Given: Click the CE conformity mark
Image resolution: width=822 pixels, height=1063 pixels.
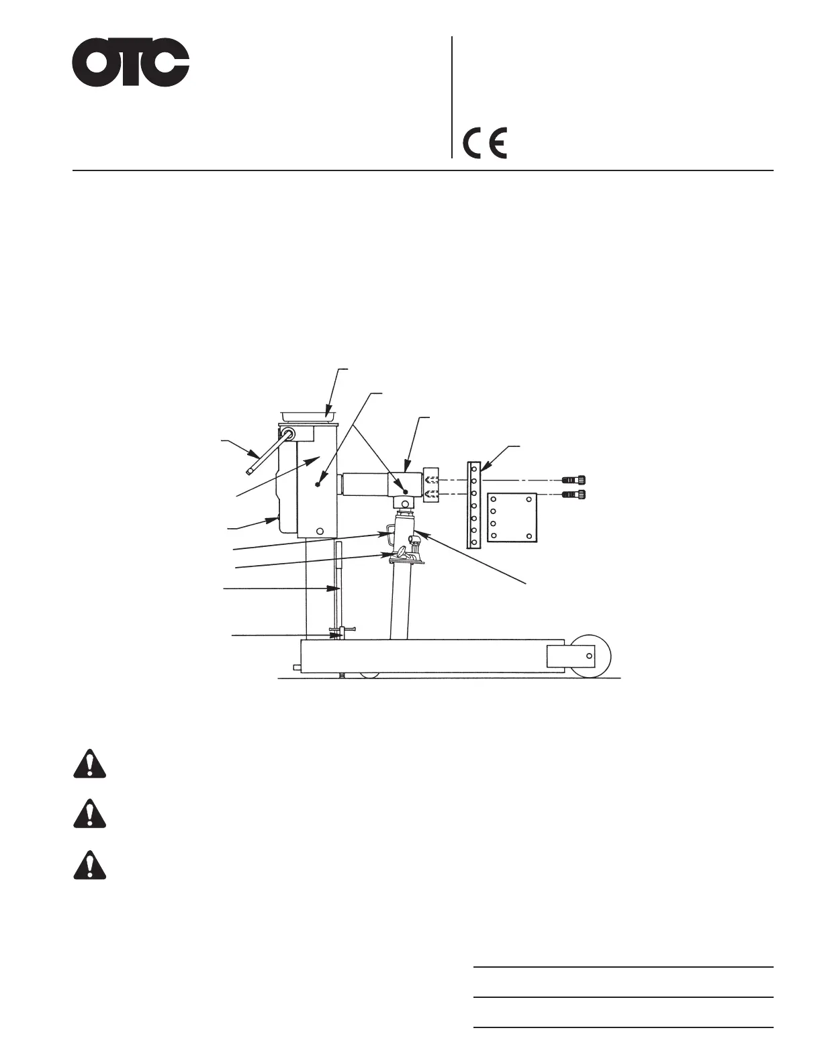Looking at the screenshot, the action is coord(485,142).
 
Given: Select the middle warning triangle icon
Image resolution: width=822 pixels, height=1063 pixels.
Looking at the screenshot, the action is coord(89,814).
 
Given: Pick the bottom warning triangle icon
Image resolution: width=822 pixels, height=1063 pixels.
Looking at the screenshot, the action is coord(89,864).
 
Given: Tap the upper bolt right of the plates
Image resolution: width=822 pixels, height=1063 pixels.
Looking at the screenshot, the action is coord(574,480).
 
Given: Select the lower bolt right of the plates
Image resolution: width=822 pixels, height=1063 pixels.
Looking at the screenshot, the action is coord(574,495).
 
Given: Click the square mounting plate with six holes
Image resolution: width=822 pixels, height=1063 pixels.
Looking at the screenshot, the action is coord(512,517).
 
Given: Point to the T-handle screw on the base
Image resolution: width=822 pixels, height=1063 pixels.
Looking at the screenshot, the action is coord(342,632).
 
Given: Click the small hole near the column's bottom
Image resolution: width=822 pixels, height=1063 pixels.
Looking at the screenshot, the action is coord(320,531).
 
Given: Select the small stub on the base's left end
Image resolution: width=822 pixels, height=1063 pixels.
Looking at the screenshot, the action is coord(296,667).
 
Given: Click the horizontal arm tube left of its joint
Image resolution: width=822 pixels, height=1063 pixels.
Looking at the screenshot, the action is coord(366,483).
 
